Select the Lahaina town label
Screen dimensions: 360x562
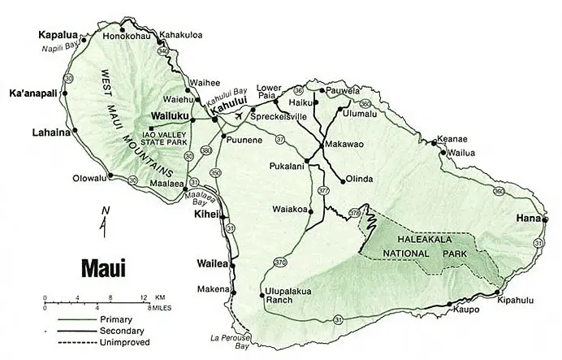pos(50,131)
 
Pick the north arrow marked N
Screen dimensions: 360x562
pos(104,220)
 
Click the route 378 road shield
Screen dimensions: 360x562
pos(355,213)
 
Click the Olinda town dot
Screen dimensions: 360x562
pos(343,180)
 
